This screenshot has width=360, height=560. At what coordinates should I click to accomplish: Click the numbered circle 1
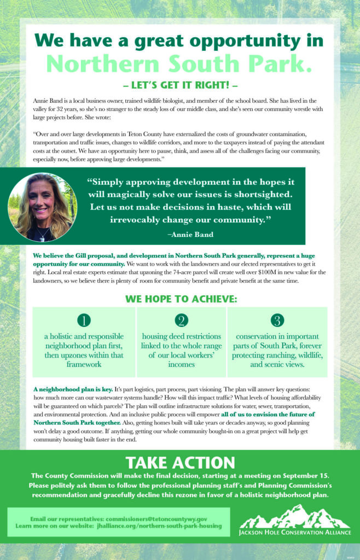(x=84, y=320)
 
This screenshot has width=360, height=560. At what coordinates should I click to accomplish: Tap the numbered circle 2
(x=181, y=320)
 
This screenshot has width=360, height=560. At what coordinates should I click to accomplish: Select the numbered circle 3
(x=277, y=320)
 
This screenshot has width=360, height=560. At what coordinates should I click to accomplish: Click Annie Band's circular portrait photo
(x=39, y=207)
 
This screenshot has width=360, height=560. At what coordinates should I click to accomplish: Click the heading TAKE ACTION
(x=180, y=462)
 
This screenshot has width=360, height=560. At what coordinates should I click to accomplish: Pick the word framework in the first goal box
(x=84, y=364)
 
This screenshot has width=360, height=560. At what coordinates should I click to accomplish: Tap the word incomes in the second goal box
(x=181, y=364)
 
